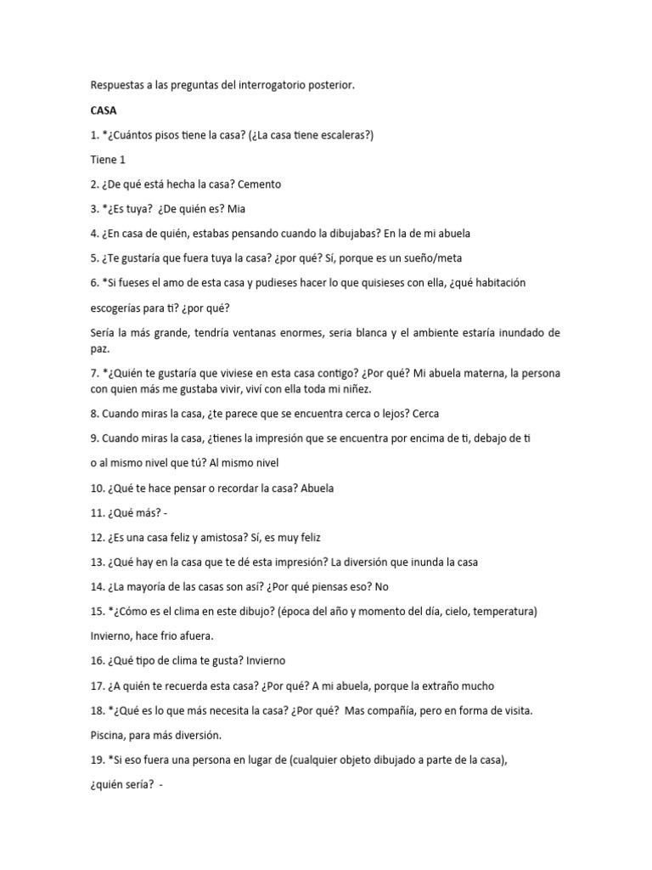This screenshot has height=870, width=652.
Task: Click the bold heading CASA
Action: [104, 110]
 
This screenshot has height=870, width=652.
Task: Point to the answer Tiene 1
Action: [108, 160]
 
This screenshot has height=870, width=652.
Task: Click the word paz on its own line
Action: [99, 349]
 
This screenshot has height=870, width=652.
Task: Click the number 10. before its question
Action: [98, 489]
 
